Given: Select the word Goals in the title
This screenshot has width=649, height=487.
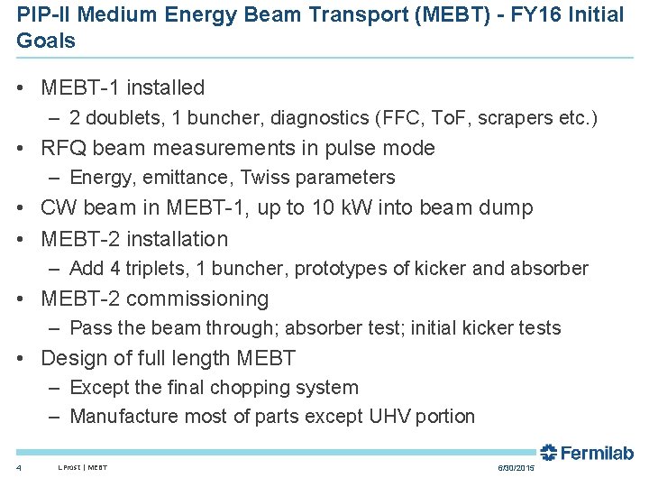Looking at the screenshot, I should tap(46, 41).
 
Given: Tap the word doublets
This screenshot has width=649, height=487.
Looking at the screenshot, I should tap(124, 118).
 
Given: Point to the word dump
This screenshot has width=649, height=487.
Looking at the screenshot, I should tap(508, 207).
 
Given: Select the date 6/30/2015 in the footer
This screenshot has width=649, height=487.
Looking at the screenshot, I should tap(516, 468).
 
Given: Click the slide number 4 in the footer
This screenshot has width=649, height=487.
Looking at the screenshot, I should tap(19, 468).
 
